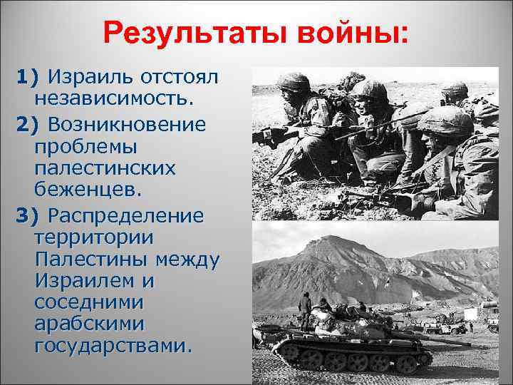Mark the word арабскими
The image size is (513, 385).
tap(89, 324)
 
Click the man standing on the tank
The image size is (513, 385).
tap(304, 307)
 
